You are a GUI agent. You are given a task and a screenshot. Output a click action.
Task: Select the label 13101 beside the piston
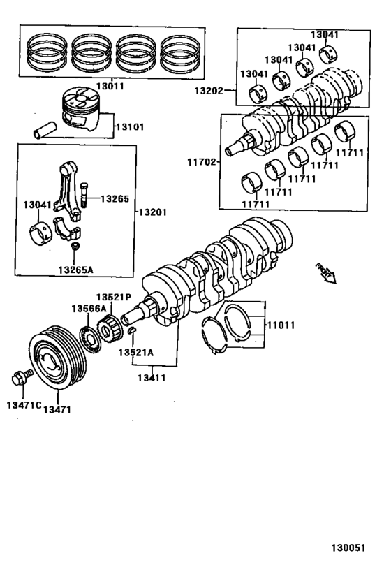click(130, 126)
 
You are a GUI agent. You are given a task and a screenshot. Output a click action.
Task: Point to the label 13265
click(115, 198)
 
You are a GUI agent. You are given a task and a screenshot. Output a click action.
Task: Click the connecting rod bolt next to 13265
click(84, 194)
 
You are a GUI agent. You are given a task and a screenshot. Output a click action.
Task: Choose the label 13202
click(209, 90)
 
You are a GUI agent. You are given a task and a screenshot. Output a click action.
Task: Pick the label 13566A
click(88, 308)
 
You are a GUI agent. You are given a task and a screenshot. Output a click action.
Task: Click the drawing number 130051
click(348, 548)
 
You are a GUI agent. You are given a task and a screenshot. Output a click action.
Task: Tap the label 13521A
click(135, 352)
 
